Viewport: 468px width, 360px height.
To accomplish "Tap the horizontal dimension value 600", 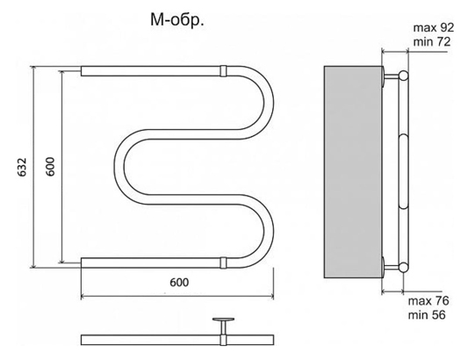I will (x=178, y=282).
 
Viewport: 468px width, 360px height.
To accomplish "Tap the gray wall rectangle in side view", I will (x=352, y=167).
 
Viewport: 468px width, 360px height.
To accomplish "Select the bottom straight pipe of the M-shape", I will (x=149, y=262).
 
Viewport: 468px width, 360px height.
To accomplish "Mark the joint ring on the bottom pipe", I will (x=223, y=262).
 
